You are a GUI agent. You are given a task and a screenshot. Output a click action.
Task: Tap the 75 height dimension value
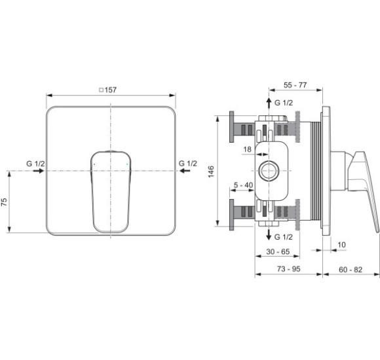(4, 202)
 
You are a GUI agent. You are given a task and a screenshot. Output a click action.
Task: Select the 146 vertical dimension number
(211, 171)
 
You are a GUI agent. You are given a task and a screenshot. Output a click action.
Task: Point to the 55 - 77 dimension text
(295, 85)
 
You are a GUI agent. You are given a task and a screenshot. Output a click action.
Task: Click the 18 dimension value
(247, 149)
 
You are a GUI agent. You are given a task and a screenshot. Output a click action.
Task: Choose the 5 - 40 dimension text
(243, 185)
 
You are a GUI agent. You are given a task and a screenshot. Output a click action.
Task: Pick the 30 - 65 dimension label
(278, 252)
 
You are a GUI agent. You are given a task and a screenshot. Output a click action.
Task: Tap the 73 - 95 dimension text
(289, 269)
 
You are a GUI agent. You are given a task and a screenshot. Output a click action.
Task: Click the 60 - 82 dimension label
(351, 270)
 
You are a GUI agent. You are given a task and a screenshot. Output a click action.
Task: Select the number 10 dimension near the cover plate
(341, 245)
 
